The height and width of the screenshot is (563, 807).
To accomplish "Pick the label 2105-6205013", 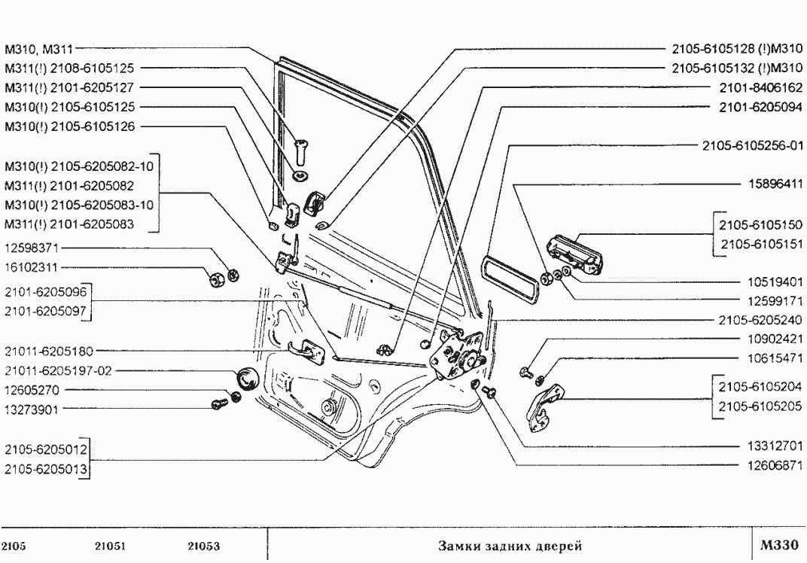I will click(46, 470).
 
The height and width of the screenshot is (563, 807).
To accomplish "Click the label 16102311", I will click(31, 266).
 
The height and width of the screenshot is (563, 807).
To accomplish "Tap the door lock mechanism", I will click(458, 354).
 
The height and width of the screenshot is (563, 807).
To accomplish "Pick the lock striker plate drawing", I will click(547, 407).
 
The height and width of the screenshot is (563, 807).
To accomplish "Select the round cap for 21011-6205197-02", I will click(247, 378).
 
